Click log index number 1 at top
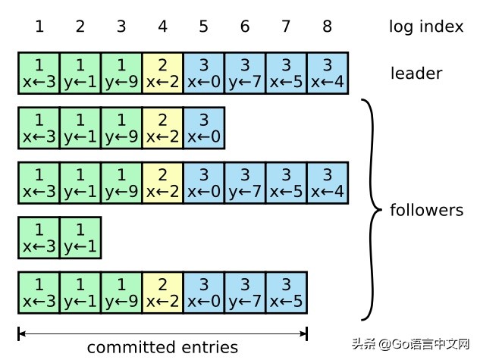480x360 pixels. [x=39, y=27]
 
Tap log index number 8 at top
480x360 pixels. [x=327, y=27]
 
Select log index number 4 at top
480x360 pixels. [x=162, y=27]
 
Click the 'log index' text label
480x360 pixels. [x=425, y=27]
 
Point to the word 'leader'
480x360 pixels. [x=416, y=74]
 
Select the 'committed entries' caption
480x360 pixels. [x=162, y=348]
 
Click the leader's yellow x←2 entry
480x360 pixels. [x=162, y=73]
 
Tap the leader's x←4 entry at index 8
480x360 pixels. [x=327, y=73]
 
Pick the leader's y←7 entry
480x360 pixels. [x=244, y=73]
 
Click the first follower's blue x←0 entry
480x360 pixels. [x=203, y=128]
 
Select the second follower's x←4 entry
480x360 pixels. [x=327, y=183]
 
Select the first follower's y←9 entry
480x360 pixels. [x=121, y=128]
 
